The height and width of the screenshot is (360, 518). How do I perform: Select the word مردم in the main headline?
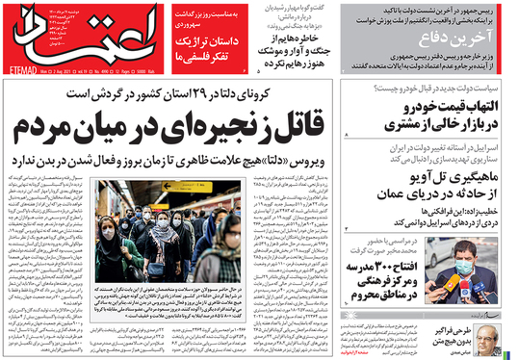tap(66, 124)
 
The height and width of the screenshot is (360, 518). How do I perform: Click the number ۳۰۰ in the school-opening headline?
tap(383, 266)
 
